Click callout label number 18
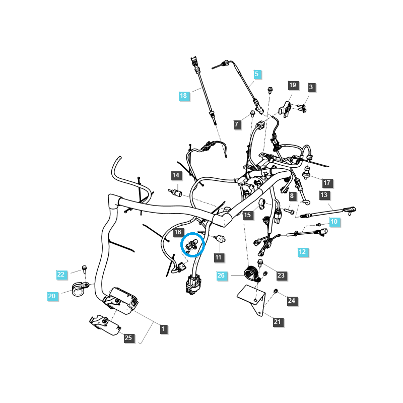(183, 95)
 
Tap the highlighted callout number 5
(256, 74)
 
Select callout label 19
(293, 85)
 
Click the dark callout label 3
(311, 87)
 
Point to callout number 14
(176, 176)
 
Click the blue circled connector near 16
(191, 245)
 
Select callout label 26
(221, 276)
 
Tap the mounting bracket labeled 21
(252, 299)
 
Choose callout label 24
(291, 301)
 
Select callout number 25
(128, 338)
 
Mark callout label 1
(162, 329)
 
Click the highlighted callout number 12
(302, 252)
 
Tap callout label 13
(323, 195)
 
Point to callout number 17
(326, 183)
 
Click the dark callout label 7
(237, 124)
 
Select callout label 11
(218, 257)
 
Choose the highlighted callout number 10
(333, 222)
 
